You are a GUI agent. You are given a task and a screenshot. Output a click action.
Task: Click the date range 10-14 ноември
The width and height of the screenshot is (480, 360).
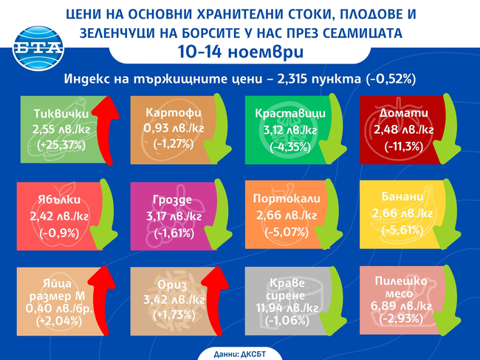[x=239, y=52]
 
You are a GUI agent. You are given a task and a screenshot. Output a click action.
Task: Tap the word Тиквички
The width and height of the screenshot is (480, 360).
[x=61, y=115]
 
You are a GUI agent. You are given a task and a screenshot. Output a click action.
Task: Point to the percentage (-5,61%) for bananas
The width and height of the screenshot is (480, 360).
[x=402, y=229]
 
